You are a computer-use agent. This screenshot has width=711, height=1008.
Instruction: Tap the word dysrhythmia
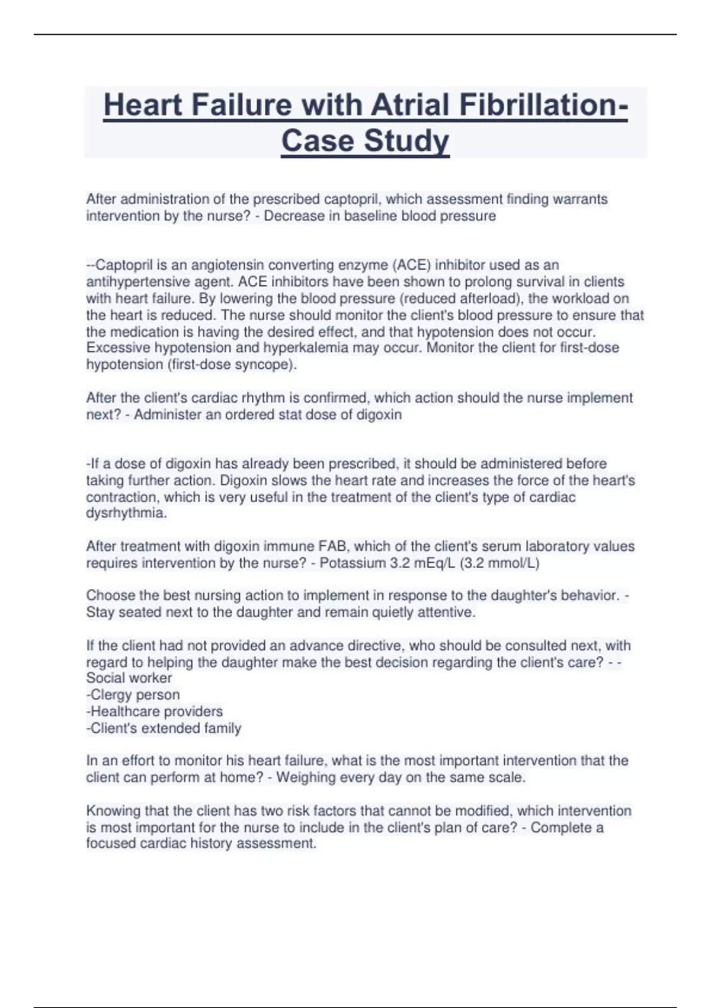[126, 513]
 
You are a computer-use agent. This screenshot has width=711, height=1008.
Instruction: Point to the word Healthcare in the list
[125, 712]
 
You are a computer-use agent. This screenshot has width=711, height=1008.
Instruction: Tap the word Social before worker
[105, 678]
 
